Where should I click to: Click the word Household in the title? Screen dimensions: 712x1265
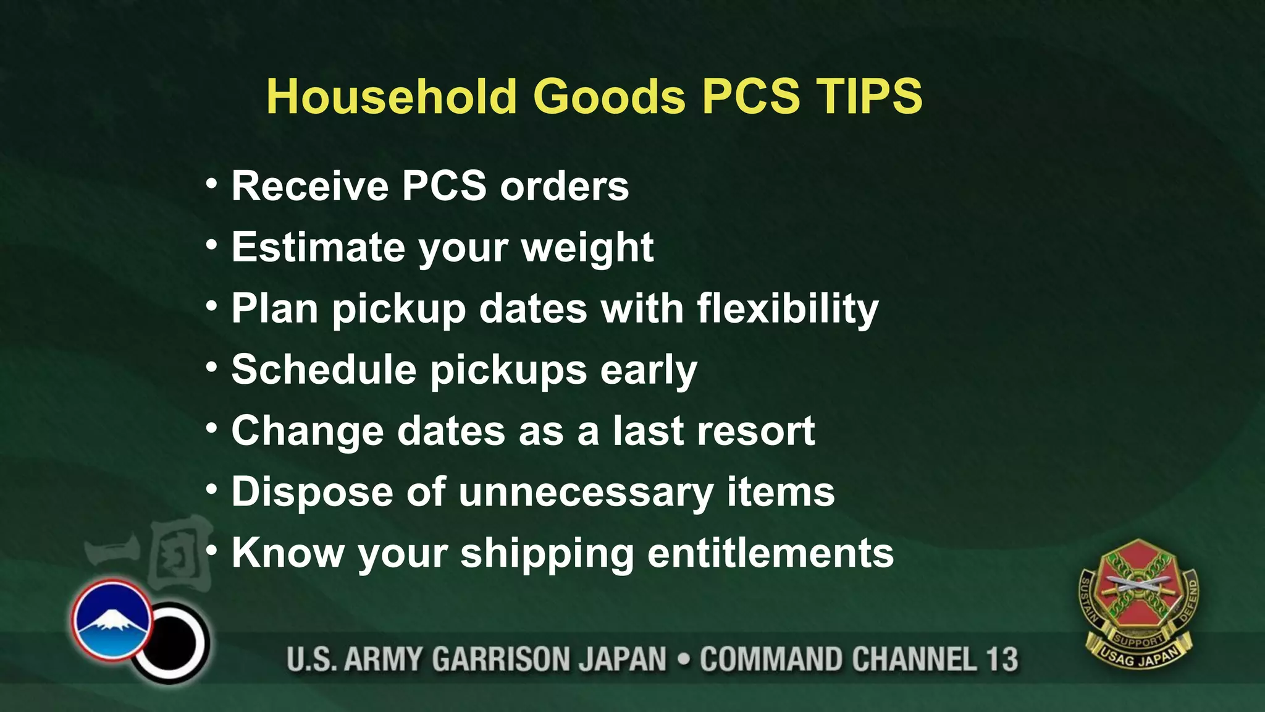pos(391,96)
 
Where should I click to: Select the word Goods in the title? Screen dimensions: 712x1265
pos(609,96)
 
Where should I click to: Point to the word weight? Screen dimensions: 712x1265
pos(587,248)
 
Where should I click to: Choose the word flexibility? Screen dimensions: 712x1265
pos(788,309)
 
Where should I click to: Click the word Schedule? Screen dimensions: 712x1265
pos(324,370)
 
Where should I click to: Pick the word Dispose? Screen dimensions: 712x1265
pos(312,493)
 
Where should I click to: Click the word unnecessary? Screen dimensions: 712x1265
pos(586,493)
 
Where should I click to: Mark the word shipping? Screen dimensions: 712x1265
pos(547,554)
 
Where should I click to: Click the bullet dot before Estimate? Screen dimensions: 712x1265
pos(212,246)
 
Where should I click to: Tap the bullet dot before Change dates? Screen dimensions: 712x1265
pos(212,428)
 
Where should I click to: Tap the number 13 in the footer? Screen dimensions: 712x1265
pos(1001,659)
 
